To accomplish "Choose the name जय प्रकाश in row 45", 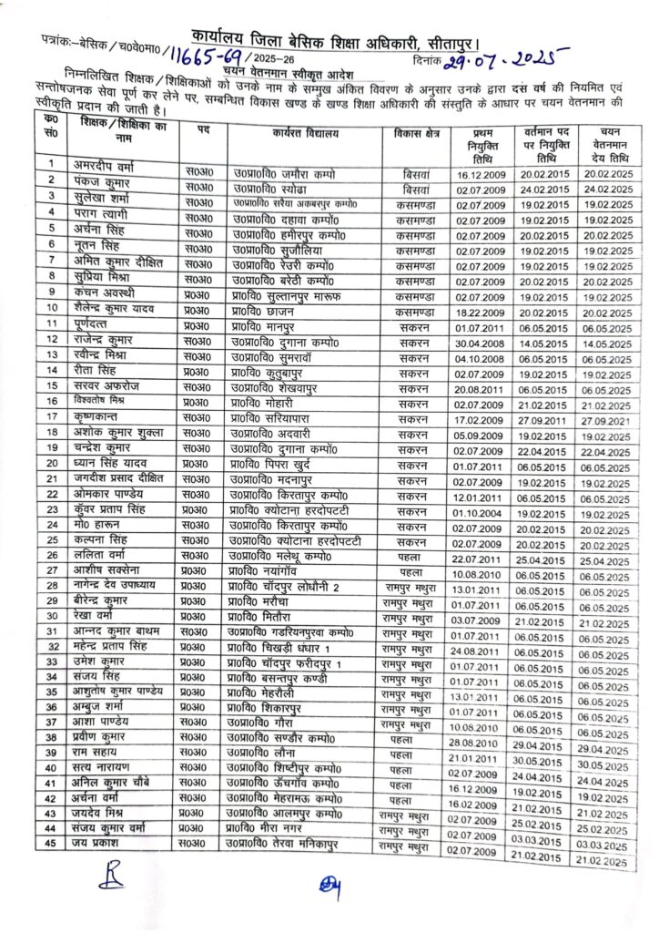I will point(102,841).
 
